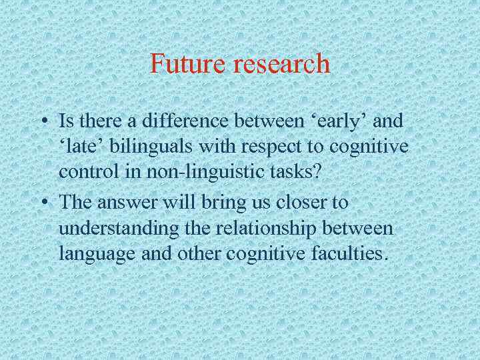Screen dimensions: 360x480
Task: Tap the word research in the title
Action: [x=280, y=64]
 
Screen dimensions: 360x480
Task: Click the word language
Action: [x=90, y=253]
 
